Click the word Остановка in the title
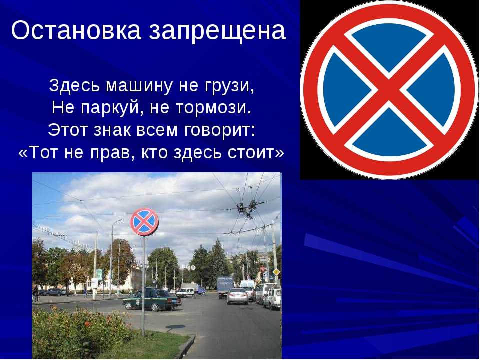pyautogui.click(x=76, y=30)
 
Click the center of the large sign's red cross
pyautogui.click(x=389, y=90)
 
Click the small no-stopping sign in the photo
pyautogui.click(x=144, y=222)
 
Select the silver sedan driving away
pyautogui.click(x=238, y=296)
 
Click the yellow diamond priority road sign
pyautogui.click(x=276, y=272)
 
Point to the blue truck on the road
pyautogui.click(x=225, y=287)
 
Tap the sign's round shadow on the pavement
pyautogui.click(x=175, y=327)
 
